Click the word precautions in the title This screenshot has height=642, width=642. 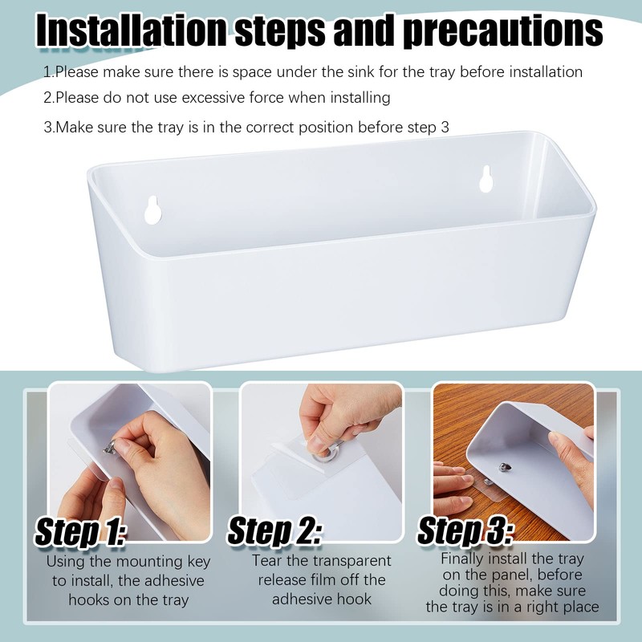pyautogui.click(x=502, y=32)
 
